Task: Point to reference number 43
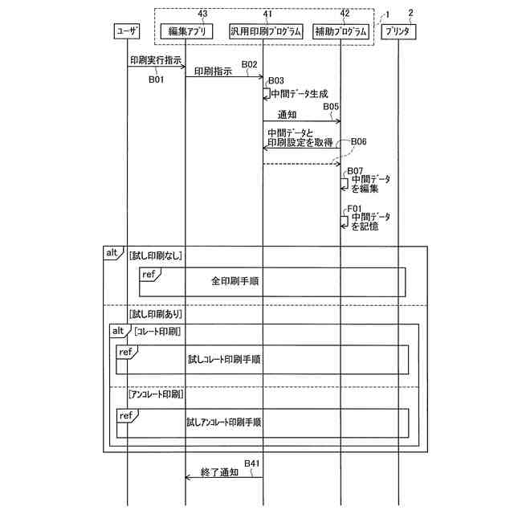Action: [202, 13]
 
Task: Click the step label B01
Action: [156, 80]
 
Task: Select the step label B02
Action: [249, 64]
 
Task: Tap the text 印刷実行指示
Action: [154, 59]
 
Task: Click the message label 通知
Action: [287, 115]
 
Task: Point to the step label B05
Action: [330, 106]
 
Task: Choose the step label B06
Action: [358, 141]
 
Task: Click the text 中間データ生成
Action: [299, 93]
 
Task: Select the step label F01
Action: [354, 208]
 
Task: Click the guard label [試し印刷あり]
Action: [155, 314]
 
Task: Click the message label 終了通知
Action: [219, 473]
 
